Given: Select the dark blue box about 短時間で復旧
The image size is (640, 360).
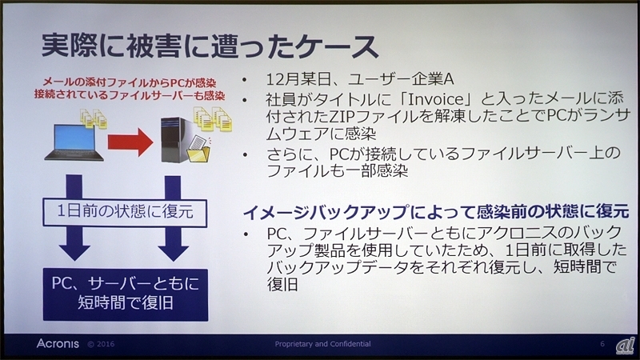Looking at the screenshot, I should coord(119,294).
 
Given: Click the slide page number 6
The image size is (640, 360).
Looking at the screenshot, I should coord(601,344).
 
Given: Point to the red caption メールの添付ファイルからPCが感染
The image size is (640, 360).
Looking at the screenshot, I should coord(121,82).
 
